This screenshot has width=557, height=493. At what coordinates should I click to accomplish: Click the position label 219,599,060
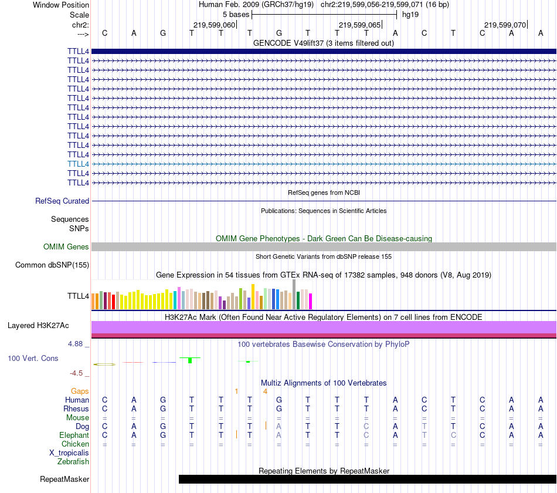click(x=214, y=25)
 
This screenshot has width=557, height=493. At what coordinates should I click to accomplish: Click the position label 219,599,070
click(x=505, y=25)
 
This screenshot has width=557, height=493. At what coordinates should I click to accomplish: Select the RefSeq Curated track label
click(x=62, y=201)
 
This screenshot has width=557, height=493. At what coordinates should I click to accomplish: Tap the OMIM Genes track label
click(x=66, y=247)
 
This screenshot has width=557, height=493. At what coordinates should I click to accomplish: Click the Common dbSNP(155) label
click(x=52, y=265)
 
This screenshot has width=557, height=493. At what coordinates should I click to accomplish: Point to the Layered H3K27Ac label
click(x=38, y=325)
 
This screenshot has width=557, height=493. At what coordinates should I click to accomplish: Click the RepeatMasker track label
click(x=64, y=480)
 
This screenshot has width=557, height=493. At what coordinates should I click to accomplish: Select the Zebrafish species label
click(x=73, y=461)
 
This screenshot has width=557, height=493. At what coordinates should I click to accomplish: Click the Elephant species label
click(x=74, y=435)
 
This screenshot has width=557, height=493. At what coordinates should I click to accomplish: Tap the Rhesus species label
click(x=77, y=408)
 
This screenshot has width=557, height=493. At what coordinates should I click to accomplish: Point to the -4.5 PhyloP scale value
click(x=79, y=373)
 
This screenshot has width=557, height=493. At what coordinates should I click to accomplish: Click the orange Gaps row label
click(x=80, y=391)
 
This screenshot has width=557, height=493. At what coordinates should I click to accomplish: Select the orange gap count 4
click(x=266, y=391)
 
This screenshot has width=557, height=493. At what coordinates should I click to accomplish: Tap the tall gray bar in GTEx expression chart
click(x=294, y=291)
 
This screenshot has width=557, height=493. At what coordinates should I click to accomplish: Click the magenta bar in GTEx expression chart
click(x=310, y=300)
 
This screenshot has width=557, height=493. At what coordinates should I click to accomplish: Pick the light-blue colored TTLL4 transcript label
click(x=78, y=164)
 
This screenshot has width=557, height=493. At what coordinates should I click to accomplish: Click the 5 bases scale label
click(x=236, y=13)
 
